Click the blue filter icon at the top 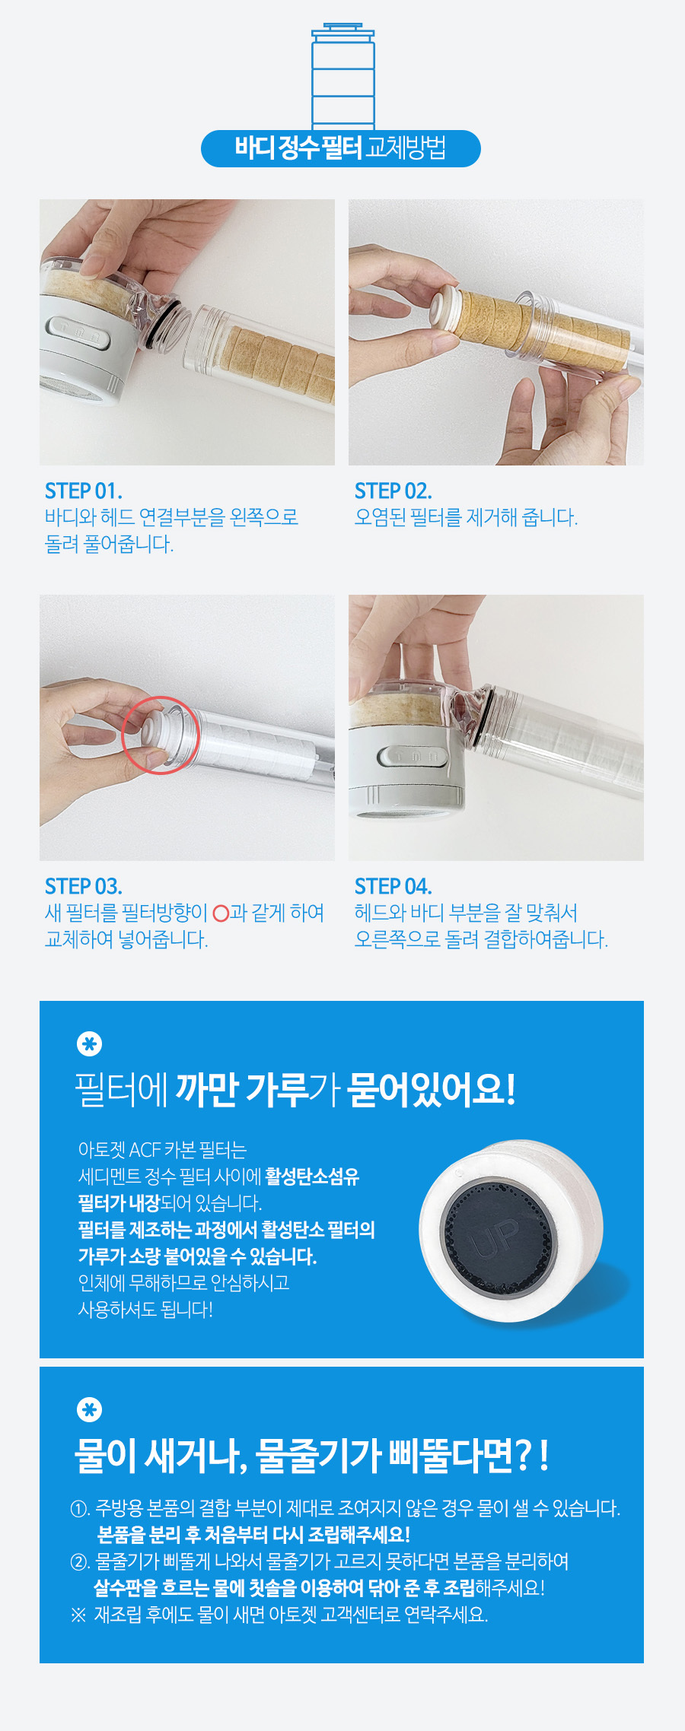point(342,76)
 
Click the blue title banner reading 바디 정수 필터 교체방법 point(341,148)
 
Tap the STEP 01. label point(83,491)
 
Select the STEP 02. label point(393,491)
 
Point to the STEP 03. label point(83,886)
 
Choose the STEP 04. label point(393,886)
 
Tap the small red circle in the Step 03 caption point(221,913)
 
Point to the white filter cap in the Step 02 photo point(444,307)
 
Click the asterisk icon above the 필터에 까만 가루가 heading point(90,1044)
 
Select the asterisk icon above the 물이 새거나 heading point(90,1410)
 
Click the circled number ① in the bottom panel point(80,1508)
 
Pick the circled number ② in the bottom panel point(80,1561)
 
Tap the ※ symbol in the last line point(78,1615)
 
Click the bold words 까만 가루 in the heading point(241,1089)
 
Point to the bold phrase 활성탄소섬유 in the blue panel point(312,1177)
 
